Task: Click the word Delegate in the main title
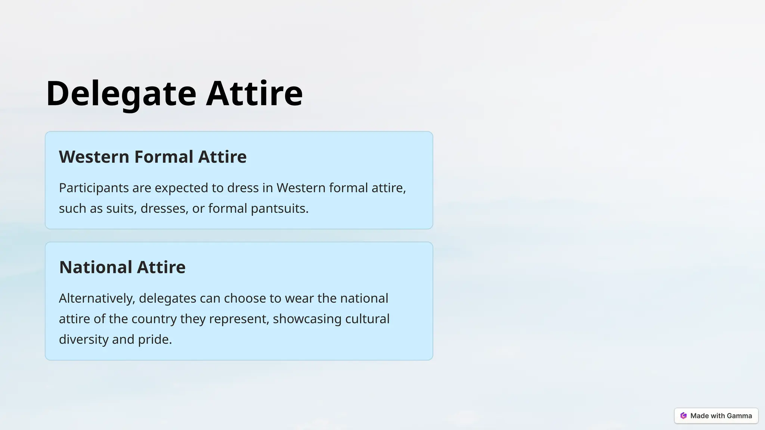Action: pos(121,93)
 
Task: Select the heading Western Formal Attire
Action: pos(153,157)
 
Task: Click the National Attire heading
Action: pos(122,267)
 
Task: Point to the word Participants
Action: pos(94,188)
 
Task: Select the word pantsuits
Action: pos(279,208)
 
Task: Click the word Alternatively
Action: pos(97,298)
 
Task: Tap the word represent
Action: pos(239,319)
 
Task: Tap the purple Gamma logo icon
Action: pos(684,416)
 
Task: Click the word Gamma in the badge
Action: pos(740,416)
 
